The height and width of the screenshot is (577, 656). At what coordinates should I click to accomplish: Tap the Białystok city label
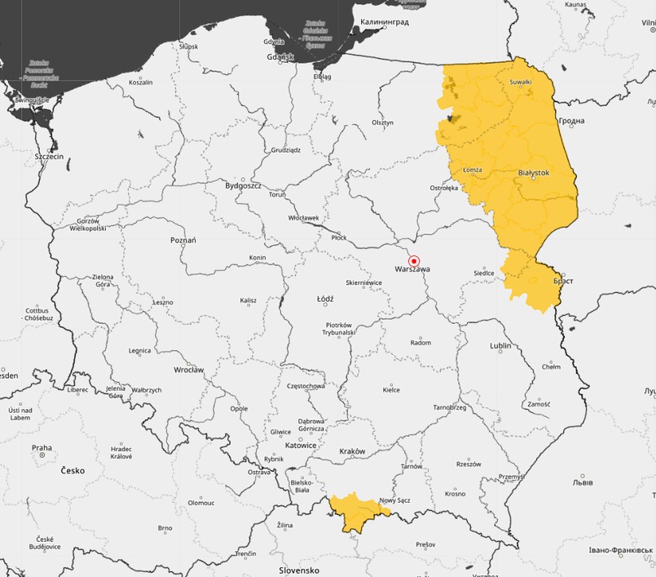(534, 173)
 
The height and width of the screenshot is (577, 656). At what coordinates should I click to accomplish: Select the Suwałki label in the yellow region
(520, 82)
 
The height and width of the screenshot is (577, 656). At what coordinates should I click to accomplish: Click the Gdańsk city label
(280, 57)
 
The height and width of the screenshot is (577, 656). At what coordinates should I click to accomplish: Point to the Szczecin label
(49, 155)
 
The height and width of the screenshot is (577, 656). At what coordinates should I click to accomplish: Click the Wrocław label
(188, 370)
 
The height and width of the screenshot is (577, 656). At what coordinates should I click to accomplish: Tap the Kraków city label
(352, 451)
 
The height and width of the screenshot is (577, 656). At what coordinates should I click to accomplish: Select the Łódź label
(324, 300)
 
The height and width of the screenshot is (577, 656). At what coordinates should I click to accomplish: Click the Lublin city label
(500, 346)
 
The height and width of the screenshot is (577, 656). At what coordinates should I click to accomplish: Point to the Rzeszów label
(469, 464)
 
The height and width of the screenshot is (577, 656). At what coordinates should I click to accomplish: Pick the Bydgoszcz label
(243, 185)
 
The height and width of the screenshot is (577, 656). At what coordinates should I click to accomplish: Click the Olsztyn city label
(382, 122)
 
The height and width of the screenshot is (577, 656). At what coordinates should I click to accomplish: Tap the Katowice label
(301, 445)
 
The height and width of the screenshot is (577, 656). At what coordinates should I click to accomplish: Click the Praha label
(42, 447)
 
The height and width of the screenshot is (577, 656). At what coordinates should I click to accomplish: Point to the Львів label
(583, 482)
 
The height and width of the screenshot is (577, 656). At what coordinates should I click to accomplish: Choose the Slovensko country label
(299, 570)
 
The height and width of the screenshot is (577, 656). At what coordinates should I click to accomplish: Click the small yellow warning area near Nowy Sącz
(357, 510)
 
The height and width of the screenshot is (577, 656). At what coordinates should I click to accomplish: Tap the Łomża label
(472, 170)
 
